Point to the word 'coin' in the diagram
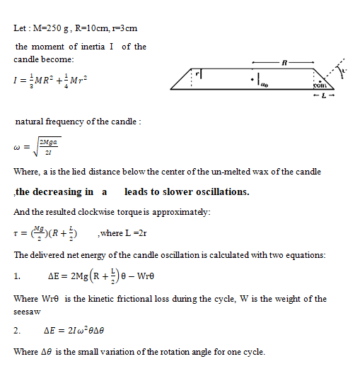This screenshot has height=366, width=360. tap(318, 85)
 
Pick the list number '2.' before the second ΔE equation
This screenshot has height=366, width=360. tap(17, 331)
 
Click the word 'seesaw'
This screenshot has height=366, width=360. tap(26, 311)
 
